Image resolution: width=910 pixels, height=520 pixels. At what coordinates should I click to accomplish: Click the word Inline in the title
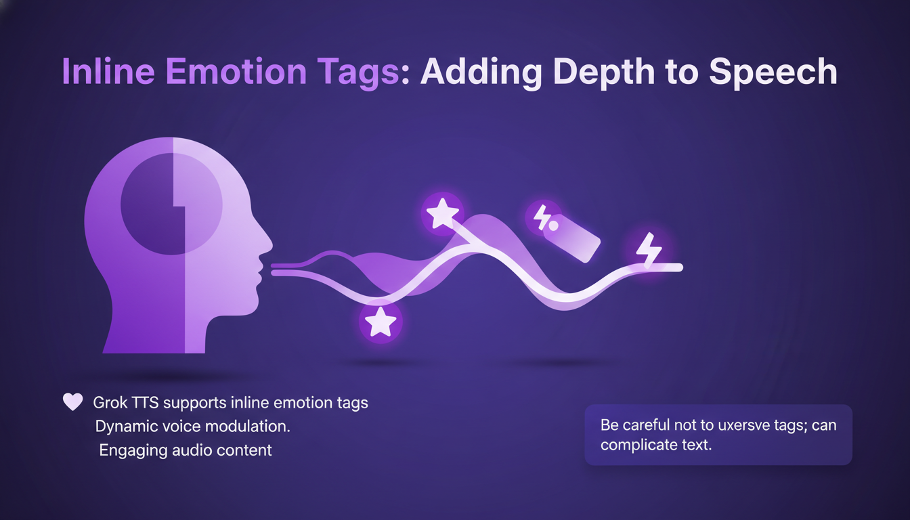point(108,72)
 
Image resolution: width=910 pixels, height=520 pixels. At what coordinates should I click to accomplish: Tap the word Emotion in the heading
point(236,72)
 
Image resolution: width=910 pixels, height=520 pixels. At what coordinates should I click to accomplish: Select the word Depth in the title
point(604,73)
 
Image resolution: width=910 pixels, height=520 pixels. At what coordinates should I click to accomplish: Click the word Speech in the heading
point(773,73)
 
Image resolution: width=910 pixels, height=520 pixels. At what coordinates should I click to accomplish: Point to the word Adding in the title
point(481,73)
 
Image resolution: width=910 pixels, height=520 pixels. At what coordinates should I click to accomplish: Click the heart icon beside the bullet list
point(72,402)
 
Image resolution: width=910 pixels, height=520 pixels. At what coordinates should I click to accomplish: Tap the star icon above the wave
point(442,213)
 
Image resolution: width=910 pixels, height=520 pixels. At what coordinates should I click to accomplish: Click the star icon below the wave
point(381,322)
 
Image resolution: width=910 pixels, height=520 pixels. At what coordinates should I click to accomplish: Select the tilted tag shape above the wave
point(571,238)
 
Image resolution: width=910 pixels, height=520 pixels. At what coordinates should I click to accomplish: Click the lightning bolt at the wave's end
point(649,249)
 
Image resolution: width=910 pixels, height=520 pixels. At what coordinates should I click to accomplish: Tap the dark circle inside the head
point(171,204)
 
